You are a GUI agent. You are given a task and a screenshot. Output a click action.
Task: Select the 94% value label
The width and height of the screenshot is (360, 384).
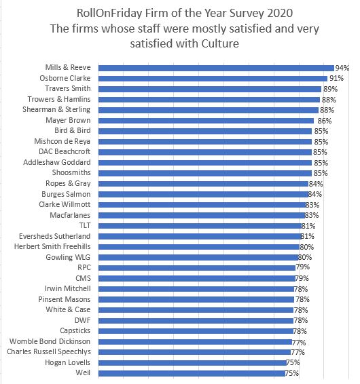[342, 68]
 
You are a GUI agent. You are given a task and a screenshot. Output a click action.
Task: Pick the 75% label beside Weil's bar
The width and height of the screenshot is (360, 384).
[293, 373]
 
